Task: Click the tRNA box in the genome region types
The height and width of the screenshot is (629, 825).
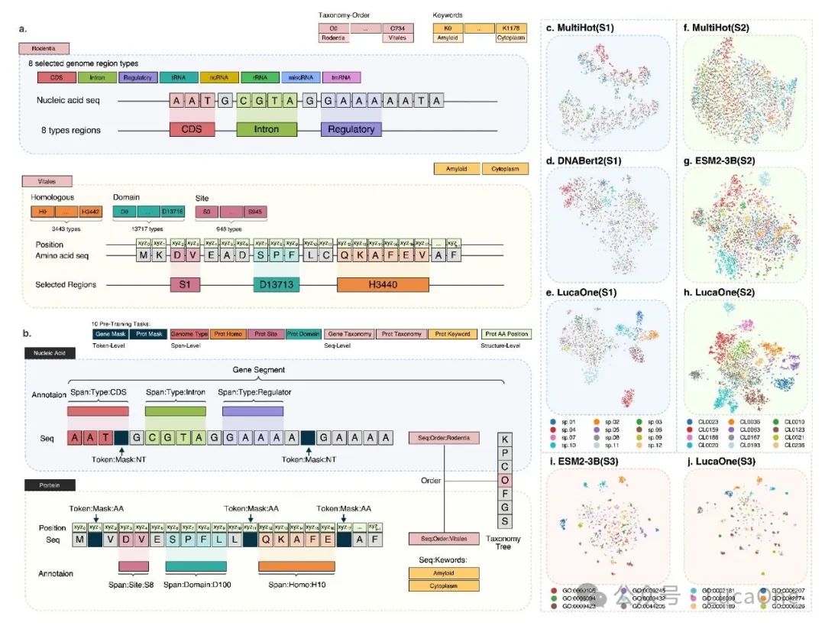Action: (x=178, y=77)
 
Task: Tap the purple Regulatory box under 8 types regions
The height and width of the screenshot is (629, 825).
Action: (x=351, y=129)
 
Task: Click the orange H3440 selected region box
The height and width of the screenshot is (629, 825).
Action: (x=383, y=284)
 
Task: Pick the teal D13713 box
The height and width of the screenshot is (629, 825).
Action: (x=276, y=284)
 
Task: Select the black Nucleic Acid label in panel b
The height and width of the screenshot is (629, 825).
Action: (x=50, y=354)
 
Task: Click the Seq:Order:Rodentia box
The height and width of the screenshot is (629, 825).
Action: (x=445, y=438)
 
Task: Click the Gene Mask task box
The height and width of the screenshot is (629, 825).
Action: (x=109, y=333)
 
